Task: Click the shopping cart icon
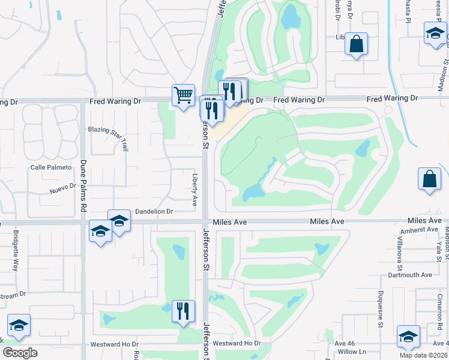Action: click(x=182, y=94)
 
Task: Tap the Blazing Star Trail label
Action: click(x=108, y=137)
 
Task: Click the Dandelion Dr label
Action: click(x=154, y=211)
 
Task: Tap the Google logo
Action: click(x=20, y=353)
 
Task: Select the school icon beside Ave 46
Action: click(x=408, y=337)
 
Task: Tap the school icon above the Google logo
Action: click(x=19, y=325)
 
